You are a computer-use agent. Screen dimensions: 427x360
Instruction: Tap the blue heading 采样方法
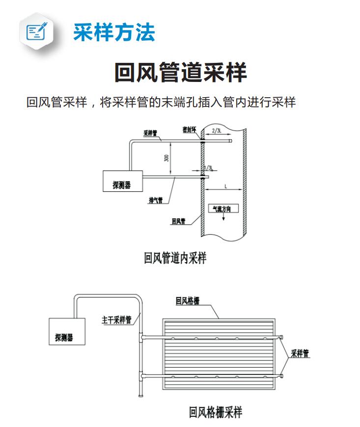coord(114,32)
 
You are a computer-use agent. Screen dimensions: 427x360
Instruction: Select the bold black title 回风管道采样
coord(180,72)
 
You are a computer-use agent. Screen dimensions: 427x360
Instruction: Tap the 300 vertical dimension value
coord(166,158)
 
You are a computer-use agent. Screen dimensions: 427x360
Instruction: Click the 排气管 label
coord(156,200)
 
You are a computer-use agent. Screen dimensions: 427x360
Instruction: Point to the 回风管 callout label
coord(178,221)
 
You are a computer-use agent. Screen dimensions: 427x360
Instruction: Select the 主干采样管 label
coord(116,320)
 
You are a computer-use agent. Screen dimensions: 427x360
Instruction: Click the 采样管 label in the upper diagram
coord(150,133)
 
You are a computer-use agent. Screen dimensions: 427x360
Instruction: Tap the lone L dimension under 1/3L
coord(225,187)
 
